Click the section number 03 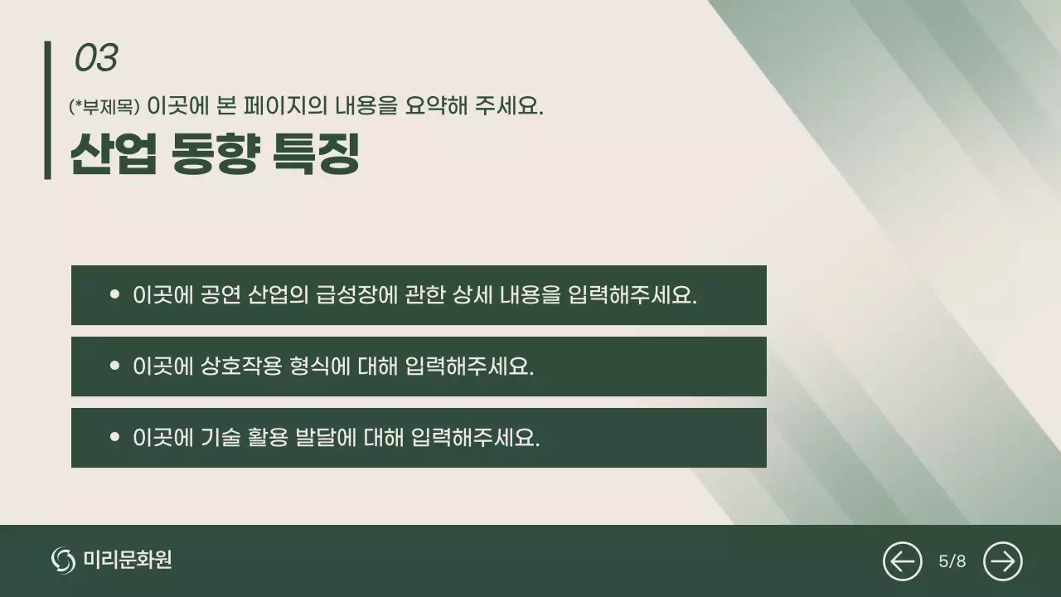tap(96, 58)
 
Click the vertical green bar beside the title tap(48, 109)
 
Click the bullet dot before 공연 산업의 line tap(114, 294)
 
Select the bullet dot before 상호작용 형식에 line tap(114, 366)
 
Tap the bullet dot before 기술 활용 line tap(114, 437)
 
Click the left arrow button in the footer tap(902, 561)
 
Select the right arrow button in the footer tap(1002, 561)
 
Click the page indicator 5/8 tap(952, 561)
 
